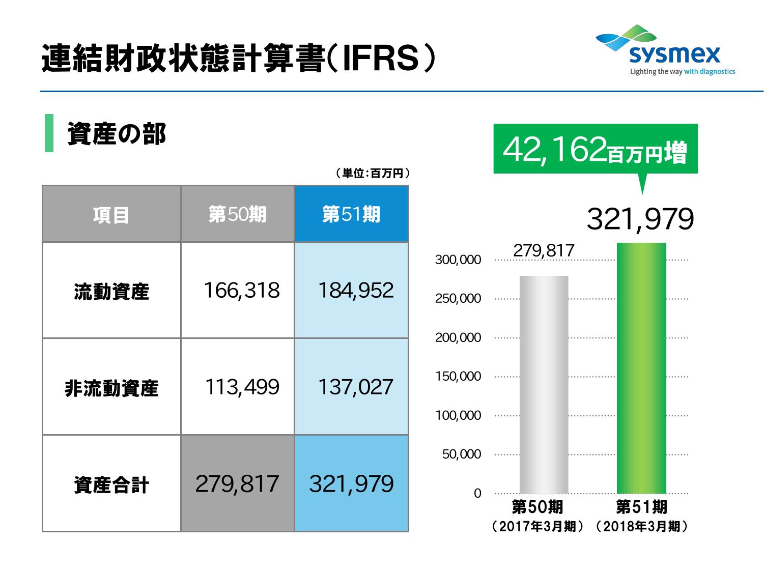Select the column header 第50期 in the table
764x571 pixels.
(237, 214)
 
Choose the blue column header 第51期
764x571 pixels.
(351, 214)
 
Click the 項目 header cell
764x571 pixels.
(111, 214)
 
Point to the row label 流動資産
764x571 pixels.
(111, 291)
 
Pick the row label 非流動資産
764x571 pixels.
(111, 388)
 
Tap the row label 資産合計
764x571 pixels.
(111, 484)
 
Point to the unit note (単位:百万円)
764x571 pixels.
(373, 174)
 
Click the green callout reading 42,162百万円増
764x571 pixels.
(595, 151)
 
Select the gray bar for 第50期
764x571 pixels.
(544, 385)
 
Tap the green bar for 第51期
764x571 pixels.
(641, 368)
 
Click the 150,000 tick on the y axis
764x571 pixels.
(458, 377)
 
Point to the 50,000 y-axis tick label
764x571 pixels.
(461, 454)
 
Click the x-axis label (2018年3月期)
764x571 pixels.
(641, 526)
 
